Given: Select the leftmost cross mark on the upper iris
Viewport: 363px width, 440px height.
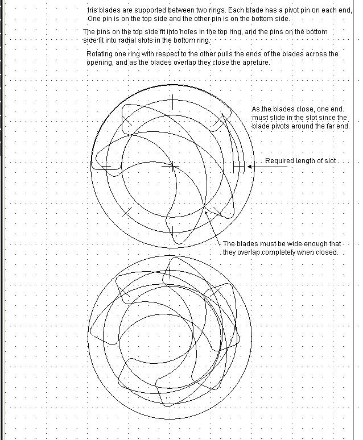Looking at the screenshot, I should (x=106, y=167).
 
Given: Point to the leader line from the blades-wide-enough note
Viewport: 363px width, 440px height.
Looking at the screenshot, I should (x=213, y=227).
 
